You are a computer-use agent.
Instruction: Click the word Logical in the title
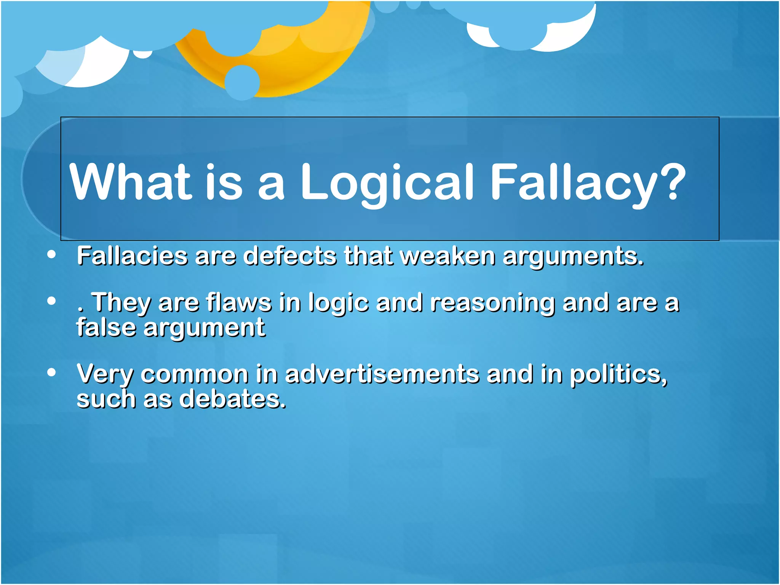(387, 182)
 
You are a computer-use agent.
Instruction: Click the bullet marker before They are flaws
(52, 301)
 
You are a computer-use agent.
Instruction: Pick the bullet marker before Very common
(52, 372)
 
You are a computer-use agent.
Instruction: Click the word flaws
(239, 302)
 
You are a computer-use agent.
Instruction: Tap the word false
(106, 327)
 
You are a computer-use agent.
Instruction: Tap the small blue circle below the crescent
(242, 82)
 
